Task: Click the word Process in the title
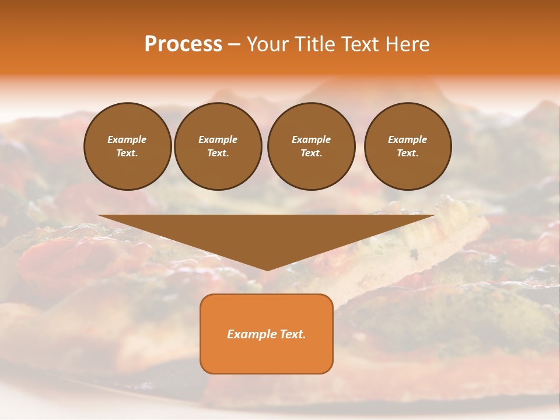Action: point(183,44)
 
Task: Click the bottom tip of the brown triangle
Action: point(267,269)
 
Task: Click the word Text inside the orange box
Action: point(292,334)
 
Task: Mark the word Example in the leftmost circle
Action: point(127,139)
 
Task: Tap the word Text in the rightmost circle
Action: point(407,153)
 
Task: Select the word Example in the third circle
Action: point(311,139)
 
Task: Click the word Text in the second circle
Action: point(218,153)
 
